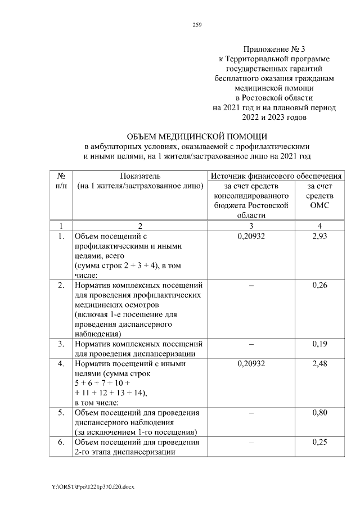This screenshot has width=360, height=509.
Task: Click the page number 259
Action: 197,25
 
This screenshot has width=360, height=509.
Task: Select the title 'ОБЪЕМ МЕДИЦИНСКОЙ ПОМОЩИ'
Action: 197,136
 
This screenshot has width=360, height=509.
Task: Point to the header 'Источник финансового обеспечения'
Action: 276,177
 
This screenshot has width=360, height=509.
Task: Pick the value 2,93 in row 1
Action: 319,237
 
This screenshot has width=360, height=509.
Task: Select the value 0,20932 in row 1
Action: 251,237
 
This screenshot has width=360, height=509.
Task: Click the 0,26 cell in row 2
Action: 319,286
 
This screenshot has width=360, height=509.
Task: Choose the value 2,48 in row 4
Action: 319,364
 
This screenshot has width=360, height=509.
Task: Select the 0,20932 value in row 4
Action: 251,364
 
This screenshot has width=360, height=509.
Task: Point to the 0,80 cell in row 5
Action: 319,413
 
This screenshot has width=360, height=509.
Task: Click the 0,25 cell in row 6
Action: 319,442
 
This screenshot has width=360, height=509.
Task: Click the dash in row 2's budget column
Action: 251,286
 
